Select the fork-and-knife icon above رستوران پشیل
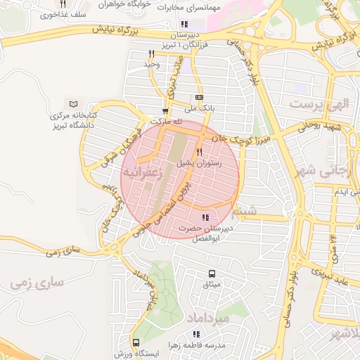point(200,152)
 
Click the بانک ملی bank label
point(199,108)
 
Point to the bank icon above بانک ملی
point(199,98)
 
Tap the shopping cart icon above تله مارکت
point(165,110)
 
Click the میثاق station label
point(212,285)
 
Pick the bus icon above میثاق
point(212,274)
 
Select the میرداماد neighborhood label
point(209,320)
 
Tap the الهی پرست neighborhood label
point(319,104)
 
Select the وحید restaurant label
point(153,64)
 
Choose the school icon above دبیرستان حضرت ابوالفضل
point(206,217)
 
